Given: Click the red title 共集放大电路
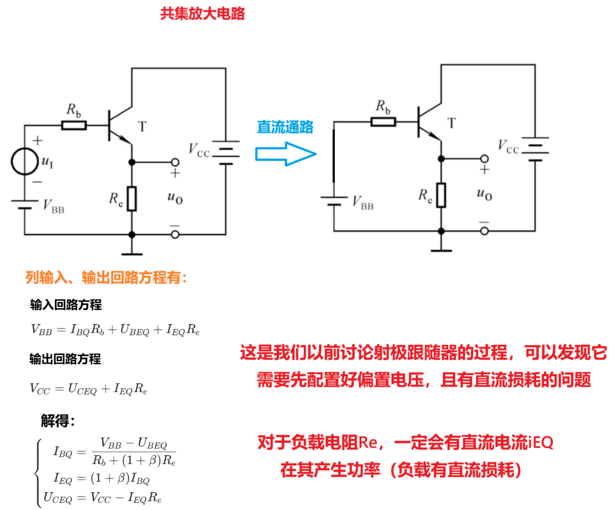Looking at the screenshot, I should [203, 13].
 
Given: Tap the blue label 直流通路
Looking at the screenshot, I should [285, 127].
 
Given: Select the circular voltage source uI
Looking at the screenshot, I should [25, 162].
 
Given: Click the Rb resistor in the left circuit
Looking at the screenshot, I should [74, 126].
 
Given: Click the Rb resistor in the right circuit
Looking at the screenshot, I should [383, 122].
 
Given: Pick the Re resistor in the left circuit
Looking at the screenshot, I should [132, 198].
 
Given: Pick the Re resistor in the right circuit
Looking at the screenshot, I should [441, 195].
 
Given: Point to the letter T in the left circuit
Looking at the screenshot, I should [142, 127].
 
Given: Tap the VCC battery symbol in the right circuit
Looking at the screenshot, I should [535, 149].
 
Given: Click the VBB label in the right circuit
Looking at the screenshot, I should [363, 203].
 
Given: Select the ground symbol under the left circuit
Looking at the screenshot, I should [132, 253].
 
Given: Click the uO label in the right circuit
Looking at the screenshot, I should [484, 194].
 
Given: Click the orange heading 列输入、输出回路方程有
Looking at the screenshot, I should [106, 277].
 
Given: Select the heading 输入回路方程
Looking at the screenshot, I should [66, 305].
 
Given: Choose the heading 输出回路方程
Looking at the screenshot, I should [65, 359].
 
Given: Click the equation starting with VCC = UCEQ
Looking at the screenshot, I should [89, 389].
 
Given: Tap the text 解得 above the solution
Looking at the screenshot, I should [58, 421].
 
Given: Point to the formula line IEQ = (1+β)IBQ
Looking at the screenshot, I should [101, 479].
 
